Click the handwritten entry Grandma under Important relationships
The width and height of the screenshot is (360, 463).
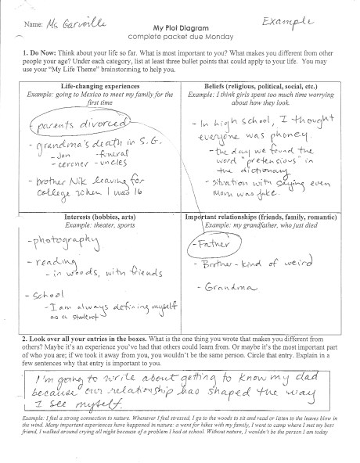coord(225,289)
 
